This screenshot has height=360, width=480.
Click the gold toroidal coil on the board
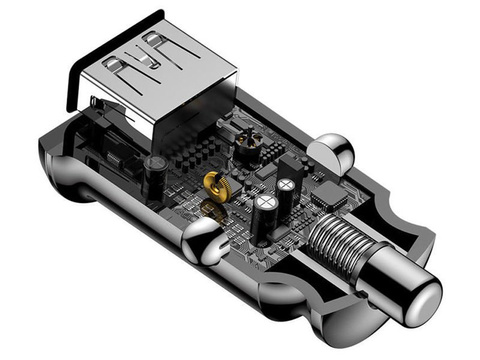pyautogui.click(x=215, y=182)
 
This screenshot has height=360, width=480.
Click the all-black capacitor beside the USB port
pyautogui.click(x=155, y=170)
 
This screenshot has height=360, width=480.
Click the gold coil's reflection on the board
pyautogui.click(x=213, y=207)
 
